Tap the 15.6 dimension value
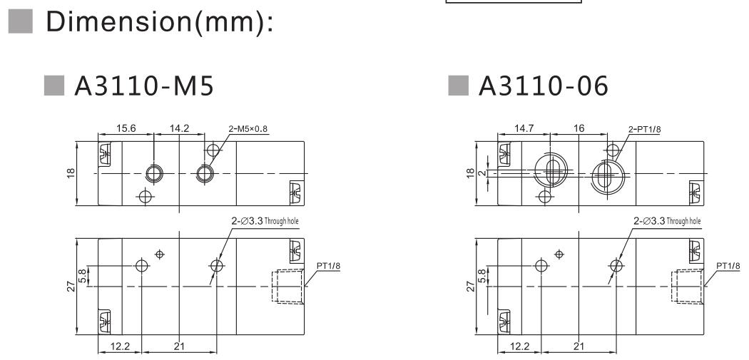tap(127, 130)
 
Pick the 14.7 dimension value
tap(526, 130)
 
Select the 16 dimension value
tap(578, 130)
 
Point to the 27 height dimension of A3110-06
tap(471, 287)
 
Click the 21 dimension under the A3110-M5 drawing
tap(179, 346)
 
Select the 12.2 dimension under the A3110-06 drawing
tap(519, 346)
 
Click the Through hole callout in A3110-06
tap(667, 221)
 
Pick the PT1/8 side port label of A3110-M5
tap(325, 266)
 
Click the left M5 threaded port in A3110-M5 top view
tap(153, 173)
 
